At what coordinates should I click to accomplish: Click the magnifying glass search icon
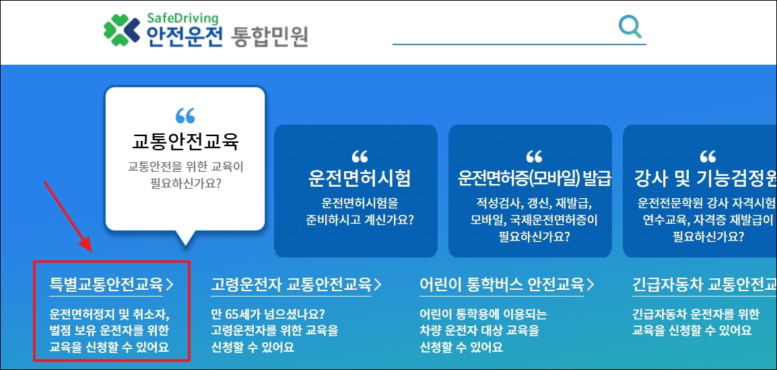tap(630, 27)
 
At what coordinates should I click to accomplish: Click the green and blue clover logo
tap(122, 30)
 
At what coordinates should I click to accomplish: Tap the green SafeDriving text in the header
tap(183, 18)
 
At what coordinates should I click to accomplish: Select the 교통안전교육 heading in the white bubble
tap(186, 142)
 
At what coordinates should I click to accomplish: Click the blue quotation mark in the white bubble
tap(185, 116)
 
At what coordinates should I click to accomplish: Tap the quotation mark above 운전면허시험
tap(360, 157)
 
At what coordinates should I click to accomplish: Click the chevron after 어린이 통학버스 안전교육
tap(590, 284)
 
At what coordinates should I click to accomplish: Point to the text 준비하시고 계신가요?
tap(360, 219)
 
